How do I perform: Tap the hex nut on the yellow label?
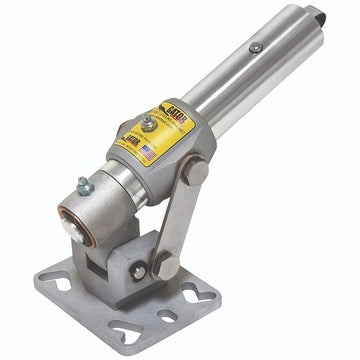(x=148, y=122)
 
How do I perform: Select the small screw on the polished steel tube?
(x=256, y=47)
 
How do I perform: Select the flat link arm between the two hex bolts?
(x=181, y=220)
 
